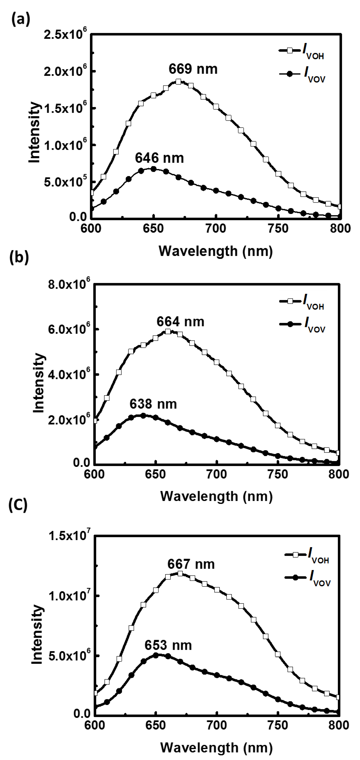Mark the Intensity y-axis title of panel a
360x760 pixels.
tap(35, 132)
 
